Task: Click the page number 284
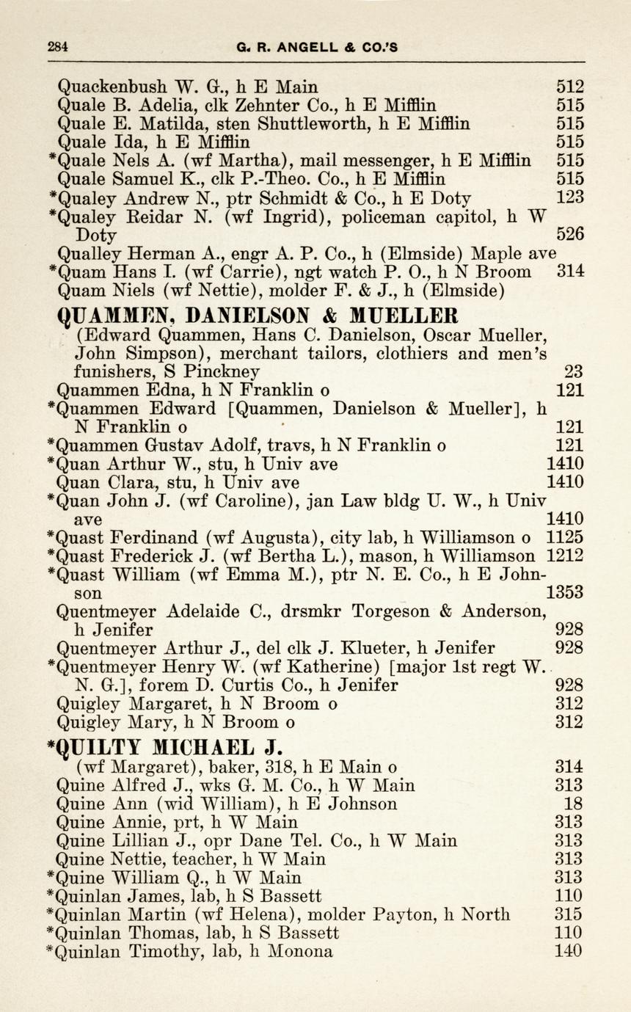click(58, 46)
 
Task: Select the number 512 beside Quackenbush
click(570, 87)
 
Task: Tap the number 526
click(570, 235)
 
